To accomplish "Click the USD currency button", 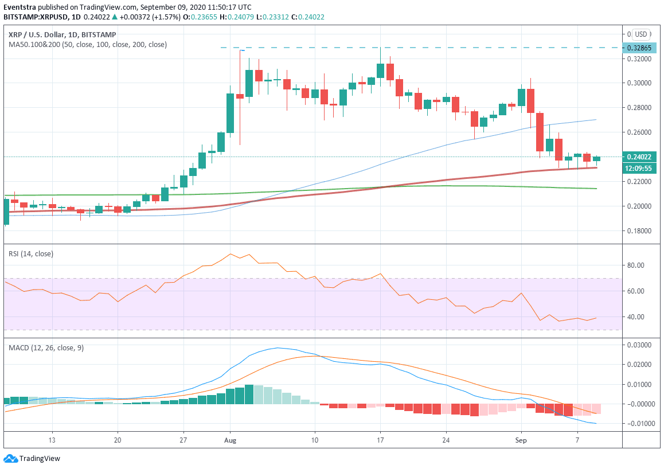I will (640, 34).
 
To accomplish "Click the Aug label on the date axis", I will (230, 440).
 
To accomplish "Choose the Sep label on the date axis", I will (521, 440).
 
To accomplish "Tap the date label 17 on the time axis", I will (380, 440).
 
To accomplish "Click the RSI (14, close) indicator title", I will (30, 253).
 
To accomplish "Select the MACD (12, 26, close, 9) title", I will (46, 347).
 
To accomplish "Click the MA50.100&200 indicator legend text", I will (88, 44).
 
